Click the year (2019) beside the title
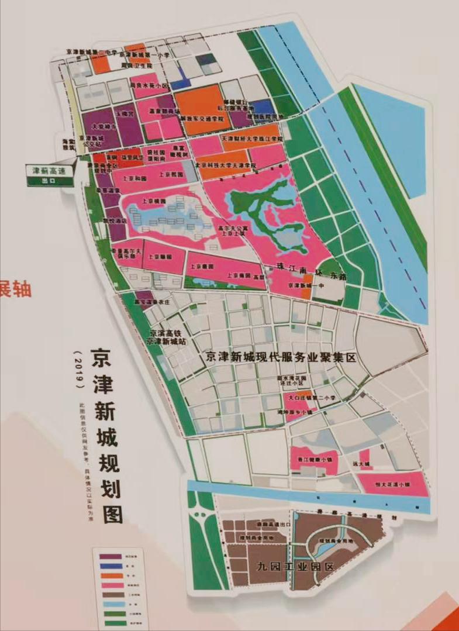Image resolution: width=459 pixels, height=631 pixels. click(x=75, y=368)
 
